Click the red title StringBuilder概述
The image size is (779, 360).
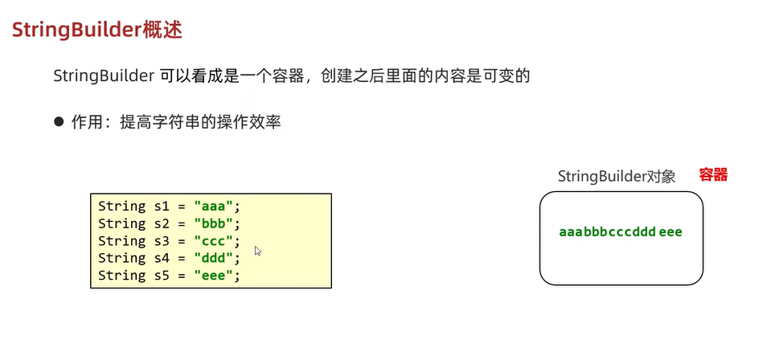pos(96,31)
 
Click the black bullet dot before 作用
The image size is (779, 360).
pos(59,121)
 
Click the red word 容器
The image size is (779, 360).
pos(713,175)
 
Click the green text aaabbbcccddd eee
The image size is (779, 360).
pos(621,232)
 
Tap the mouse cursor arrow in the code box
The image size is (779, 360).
pos(257,251)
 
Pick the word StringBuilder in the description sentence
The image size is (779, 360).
pos(103,76)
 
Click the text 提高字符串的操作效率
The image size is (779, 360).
pos(200,122)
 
